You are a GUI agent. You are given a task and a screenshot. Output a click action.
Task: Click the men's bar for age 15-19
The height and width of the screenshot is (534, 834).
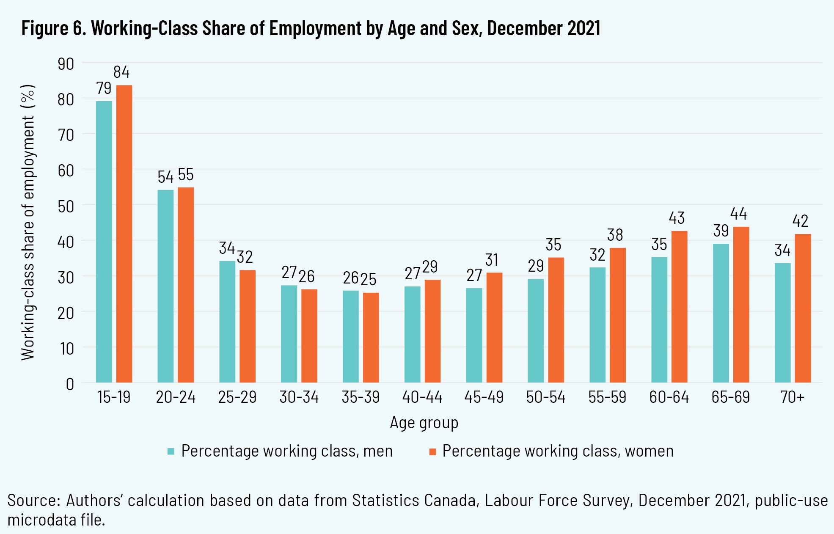[104, 241]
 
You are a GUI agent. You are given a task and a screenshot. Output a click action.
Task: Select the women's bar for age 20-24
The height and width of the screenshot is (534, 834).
[186, 284]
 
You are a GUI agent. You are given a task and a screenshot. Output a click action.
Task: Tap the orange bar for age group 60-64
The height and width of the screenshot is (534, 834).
[679, 306]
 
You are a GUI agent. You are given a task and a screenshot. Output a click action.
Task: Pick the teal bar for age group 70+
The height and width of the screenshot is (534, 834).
[782, 322]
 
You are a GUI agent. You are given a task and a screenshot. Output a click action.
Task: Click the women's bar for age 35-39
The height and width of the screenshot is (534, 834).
[371, 337]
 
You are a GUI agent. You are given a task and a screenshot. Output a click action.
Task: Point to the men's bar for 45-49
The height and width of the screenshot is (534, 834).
[474, 335]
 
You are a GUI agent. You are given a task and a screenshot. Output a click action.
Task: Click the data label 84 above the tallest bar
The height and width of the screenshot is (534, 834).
[121, 72]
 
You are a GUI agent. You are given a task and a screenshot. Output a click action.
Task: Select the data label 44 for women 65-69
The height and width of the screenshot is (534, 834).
[738, 214]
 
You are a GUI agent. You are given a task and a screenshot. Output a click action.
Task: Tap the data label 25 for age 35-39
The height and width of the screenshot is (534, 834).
[368, 279]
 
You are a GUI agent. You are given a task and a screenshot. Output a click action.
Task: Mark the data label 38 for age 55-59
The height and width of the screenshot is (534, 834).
[615, 235]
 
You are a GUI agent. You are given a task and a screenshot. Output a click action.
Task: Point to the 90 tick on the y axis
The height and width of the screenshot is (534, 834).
[66, 64]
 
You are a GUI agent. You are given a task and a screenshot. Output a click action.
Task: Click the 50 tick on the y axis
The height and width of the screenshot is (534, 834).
[66, 206]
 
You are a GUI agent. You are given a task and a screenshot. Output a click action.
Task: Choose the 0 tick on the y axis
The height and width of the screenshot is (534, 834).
[70, 384]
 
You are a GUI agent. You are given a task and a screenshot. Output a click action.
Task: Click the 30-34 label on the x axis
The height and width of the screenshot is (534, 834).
[299, 397]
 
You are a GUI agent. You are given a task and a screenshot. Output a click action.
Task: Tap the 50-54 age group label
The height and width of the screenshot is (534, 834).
[545, 397]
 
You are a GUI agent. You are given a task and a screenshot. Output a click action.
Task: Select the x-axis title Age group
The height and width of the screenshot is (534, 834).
[424, 423]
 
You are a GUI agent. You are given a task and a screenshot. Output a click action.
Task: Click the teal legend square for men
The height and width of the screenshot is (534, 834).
[171, 451]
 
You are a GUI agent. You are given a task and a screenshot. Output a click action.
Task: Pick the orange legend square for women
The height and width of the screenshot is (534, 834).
[432, 451]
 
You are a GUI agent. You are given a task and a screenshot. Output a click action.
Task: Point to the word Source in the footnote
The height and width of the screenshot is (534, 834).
[33, 501]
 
